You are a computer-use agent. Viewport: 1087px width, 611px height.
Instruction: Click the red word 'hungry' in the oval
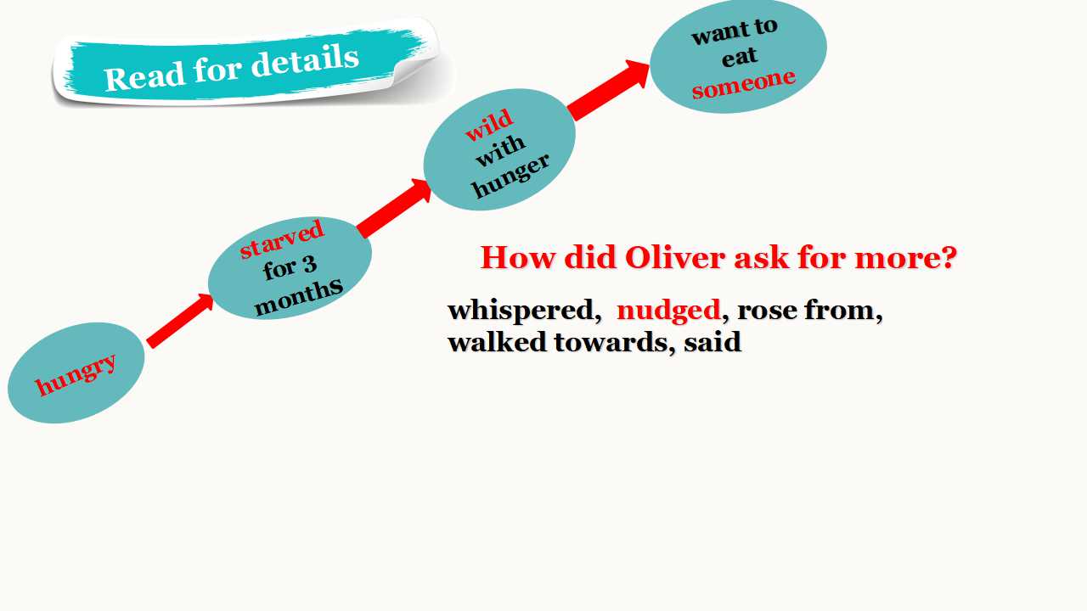[x=76, y=374]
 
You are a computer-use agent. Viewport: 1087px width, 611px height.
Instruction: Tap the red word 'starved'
[x=282, y=238]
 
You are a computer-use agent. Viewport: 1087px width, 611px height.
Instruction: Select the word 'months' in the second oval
[x=299, y=298]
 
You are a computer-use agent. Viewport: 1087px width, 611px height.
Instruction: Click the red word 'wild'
[x=488, y=124]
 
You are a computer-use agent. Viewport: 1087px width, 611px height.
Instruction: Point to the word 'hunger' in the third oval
[x=511, y=176]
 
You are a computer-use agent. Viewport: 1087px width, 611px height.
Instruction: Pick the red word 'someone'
[x=743, y=83]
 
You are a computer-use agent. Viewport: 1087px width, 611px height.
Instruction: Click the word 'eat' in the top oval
[x=739, y=57]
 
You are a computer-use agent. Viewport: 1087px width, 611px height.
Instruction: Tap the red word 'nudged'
[x=668, y=311]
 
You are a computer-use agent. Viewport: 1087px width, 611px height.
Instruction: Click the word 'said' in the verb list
[x=712, y=342]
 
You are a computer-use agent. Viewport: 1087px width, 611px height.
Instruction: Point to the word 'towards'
[x=611, y=342]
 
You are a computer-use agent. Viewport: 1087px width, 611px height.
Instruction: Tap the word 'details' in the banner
[x=305, y=61]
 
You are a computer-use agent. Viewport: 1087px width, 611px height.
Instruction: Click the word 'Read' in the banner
[x=144, y=76]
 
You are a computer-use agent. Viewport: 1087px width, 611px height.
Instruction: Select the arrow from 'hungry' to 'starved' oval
[x=180, y=321]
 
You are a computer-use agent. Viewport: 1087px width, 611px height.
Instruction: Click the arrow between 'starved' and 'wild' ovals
[x=394, y=208]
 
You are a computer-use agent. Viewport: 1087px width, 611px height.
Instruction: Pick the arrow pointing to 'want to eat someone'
[x=609, y=90]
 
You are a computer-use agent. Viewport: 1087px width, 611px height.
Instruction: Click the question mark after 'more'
[x=947, y=257]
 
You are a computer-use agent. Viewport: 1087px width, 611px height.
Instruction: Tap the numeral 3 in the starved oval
[x=309, y=264]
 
